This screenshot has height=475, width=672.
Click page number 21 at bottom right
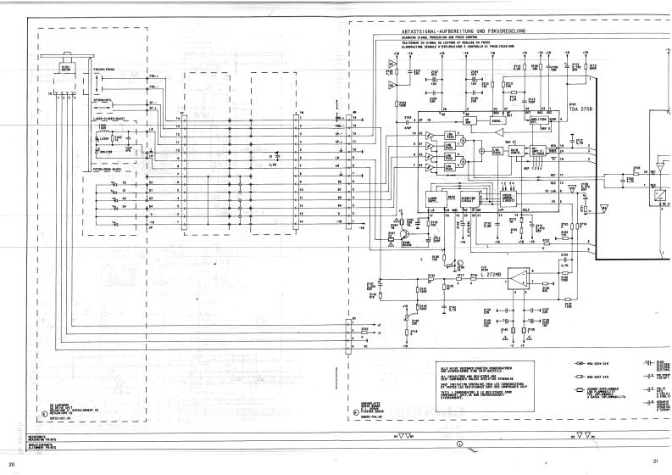(x=655, y=461)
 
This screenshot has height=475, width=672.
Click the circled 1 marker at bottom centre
(x=459, y=419)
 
